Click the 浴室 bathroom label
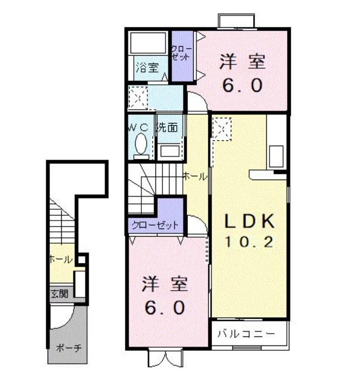tap(147, 67)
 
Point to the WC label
tap(139, 127)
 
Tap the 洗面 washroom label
tap(167, 127)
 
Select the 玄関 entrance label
tap(59, 294)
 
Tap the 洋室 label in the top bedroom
tap(242, 63)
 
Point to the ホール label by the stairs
tap(195, 177)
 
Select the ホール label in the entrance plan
tap(60, 259)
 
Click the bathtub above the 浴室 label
tap(147, 43)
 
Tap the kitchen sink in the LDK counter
tap(276, 155)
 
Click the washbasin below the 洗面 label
tap(169, 151)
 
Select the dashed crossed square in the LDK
tap(221, 129)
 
